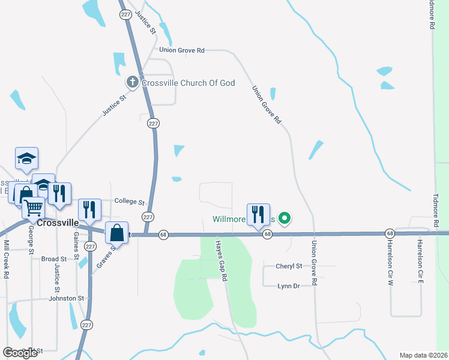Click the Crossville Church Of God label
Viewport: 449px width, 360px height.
tap(188, 83)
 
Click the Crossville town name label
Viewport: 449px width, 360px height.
tap(58, 222)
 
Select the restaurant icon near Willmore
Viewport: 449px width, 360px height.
tap(258, 214)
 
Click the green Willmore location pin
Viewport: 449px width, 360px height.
tap(286, 219)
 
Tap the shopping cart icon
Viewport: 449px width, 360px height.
tap(34, 207)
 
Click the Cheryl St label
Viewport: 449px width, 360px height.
tap(289, 265)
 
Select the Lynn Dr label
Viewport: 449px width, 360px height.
tap(289, 286)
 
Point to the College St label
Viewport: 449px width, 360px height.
tap(130, 202)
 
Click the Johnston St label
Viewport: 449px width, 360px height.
tap(67, 298)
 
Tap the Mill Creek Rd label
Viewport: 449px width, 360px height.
tap(6, 259)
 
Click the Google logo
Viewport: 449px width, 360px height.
tap(20, 353)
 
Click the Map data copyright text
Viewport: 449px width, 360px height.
tap(423, 355)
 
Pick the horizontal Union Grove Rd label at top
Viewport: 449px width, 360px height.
tap(182, 50)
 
